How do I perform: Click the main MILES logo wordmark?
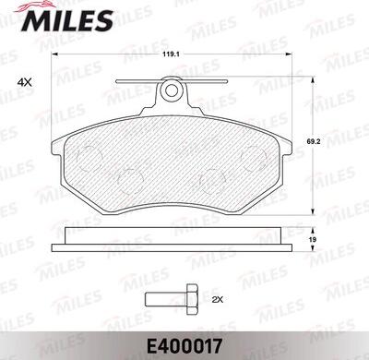coord(67,20)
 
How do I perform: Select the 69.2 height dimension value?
coord(313,142)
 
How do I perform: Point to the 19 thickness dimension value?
coord(313,239)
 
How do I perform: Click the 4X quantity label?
coord(25,82)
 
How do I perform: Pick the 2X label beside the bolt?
coord(217,299)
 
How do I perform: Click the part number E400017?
coord(184,346)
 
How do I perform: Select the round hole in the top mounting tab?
coord(172,90)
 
